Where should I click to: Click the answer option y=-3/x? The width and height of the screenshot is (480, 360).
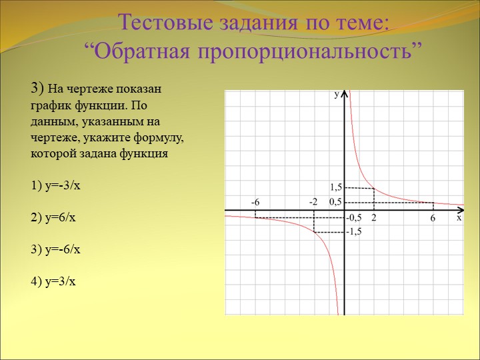pyautogui.click(x=55, y=186)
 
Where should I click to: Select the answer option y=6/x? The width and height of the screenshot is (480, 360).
pyautogui.click(x=53, y=217)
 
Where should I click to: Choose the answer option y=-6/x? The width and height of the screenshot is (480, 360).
pyautogui.click(x=55, y=249)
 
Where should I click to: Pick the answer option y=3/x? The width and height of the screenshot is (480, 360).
pyautogui.click(x=53, y=281)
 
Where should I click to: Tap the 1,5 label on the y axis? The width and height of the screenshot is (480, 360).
pyautogui.click(x=335, y=187)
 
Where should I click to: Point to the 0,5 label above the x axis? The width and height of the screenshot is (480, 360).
pyautogui.click(x=335, y=202)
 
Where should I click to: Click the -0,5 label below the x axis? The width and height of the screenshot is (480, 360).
pyautogui.click(x=354, y=217)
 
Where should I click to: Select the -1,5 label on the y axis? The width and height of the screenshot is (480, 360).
pyautogui.click(x=354, y=232)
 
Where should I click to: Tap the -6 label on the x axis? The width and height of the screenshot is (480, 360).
pyautogui.click(x=255, y=202)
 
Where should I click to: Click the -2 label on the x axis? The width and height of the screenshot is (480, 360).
pyautogui.click(x=313, y=202)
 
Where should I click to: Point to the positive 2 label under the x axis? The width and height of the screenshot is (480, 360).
pyautogui.click(x=374, y=217)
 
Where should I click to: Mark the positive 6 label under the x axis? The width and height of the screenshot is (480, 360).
pyautogui.click(x=433, y=218)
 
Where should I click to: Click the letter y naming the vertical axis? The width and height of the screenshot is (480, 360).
pyautogui.click(x=337, y=94)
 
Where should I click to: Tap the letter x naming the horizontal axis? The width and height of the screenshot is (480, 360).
pyautogui.click(x=459, y=217)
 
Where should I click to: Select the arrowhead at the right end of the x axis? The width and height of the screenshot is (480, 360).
pyautogui.click(x=462, y=210)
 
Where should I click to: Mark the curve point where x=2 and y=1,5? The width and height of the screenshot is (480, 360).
pyautogui.click(x=374, y=188)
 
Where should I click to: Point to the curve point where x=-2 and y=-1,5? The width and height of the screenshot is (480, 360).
pyautogui.click(x=315, y=233)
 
